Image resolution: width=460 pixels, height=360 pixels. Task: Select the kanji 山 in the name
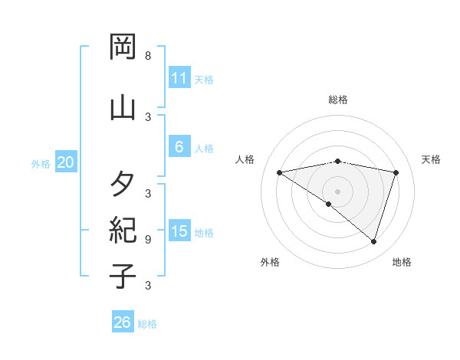123,106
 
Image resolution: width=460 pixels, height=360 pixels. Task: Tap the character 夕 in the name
123,184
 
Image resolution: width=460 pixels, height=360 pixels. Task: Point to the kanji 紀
123,230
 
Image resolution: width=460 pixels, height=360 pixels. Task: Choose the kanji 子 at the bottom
123,276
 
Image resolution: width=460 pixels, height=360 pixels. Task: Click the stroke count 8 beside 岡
147,56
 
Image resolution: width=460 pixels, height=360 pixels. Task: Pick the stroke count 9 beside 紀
147,239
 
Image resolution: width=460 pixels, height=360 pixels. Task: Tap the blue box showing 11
179,78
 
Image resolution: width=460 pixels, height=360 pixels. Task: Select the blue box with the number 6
179,147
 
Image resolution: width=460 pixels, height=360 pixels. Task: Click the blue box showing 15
179,231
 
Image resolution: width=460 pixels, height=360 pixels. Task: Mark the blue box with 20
65,162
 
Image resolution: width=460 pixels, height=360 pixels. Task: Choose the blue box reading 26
122,322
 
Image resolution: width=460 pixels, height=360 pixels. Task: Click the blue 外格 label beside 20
41,163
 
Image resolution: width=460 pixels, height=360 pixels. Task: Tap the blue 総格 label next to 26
147,324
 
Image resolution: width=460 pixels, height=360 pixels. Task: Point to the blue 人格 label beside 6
204,149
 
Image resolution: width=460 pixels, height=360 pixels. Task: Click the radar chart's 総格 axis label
338,100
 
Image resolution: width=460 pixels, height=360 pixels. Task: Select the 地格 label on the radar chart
402,262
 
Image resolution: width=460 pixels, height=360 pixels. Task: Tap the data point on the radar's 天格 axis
396,172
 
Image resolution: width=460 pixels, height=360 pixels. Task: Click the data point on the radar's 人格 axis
280,172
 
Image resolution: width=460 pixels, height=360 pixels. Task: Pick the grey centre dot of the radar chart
338,191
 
